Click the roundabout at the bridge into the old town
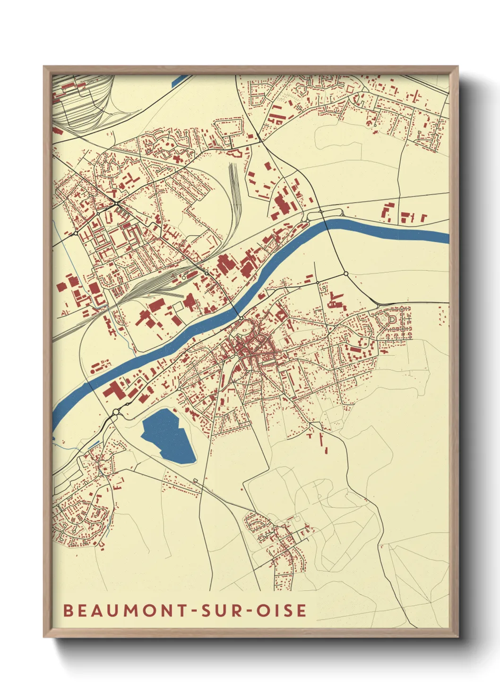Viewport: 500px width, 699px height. [241, 318]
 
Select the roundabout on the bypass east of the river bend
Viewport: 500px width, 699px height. [346, 273]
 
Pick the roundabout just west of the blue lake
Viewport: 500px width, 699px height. [116, 412]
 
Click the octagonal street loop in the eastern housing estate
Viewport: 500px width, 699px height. [392, 319]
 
